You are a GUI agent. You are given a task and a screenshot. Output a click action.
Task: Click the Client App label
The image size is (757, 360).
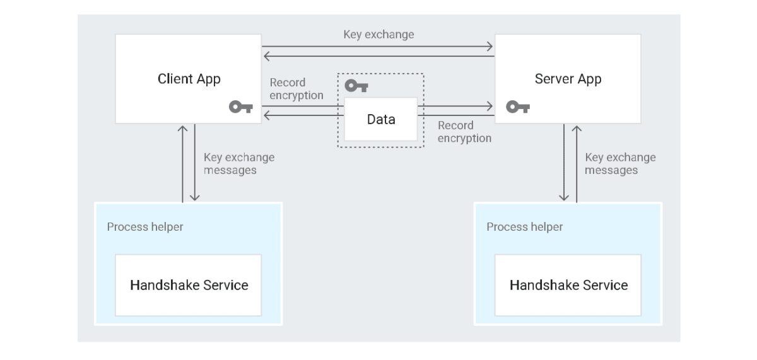pyautogui.click(x=189, y=79)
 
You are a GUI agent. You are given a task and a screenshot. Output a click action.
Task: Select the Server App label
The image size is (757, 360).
pyautogui.click(x=568, y=79)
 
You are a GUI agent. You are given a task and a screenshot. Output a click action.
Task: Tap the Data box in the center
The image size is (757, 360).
pyautogui.click(x=380, y=119)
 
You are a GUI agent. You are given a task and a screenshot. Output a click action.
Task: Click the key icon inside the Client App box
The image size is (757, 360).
pyautogui.click(x=240, y=107)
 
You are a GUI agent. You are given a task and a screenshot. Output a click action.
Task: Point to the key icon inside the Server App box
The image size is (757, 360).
pyautogui.click(x=518, y=107)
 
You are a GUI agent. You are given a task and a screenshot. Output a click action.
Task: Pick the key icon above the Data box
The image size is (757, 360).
pyautogui.click(x=356, y=86)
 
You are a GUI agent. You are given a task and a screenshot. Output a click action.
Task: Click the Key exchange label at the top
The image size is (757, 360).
pyautogui.click(x=378, y=34)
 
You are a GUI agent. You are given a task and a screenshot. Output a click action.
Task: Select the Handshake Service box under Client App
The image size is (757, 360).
pyautogui.click(x=189, y=285)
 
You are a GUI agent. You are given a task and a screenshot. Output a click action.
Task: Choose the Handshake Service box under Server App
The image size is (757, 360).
pyautogui.click(x=568, y=285)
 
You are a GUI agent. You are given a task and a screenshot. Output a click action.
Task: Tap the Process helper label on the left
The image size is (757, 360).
pyautogui.click(x=145, y=227)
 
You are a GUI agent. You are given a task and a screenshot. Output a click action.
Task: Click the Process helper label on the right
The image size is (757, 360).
pyautogui.click(x=525, y=227)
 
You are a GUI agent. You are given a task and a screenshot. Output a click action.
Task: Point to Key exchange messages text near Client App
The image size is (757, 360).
pyautogui.click(x=238, y=163)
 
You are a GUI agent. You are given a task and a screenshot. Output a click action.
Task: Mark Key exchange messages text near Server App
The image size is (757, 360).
pyautogui.click(x=619, y=163)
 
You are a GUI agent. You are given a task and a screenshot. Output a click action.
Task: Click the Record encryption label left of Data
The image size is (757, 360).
pyautogui.click(x=296, y=89)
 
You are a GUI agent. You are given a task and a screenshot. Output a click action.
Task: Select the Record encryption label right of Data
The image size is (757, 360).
pyautogui.click(x=464, y=132)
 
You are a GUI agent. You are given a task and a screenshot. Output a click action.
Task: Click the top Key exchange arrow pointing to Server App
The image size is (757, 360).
pyautogui.click(x=378, y=46)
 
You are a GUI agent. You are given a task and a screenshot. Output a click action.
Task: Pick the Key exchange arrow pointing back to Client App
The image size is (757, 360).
pyautogui.click(x=378, y=57)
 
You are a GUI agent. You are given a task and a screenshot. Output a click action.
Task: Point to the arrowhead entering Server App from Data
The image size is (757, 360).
pyautogui.click(x=490, y=105)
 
